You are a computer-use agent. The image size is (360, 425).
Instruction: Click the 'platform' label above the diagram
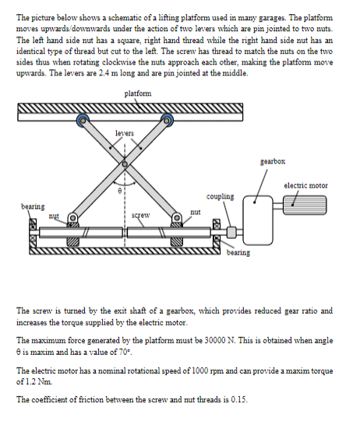138,93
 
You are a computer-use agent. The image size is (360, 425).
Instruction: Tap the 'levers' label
125,133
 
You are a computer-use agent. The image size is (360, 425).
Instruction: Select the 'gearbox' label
273,162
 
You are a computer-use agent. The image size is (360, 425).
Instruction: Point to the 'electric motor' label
305,186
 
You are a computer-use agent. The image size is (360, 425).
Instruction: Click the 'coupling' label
220,196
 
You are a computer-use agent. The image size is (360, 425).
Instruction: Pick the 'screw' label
140,216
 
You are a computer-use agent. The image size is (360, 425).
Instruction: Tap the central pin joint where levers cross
125,164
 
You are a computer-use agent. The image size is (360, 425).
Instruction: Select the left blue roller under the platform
83,120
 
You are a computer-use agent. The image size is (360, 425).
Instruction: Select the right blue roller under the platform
167,120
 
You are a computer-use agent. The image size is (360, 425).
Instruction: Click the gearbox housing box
258,220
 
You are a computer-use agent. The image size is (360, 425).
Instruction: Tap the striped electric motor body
305,205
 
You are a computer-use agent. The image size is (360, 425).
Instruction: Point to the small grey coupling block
231,232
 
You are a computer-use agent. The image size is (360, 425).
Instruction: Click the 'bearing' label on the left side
33,207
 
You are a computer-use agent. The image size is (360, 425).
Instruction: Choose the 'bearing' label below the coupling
238,253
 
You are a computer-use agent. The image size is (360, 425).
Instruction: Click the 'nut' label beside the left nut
54,216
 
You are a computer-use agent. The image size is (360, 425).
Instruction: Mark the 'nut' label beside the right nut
196,212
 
